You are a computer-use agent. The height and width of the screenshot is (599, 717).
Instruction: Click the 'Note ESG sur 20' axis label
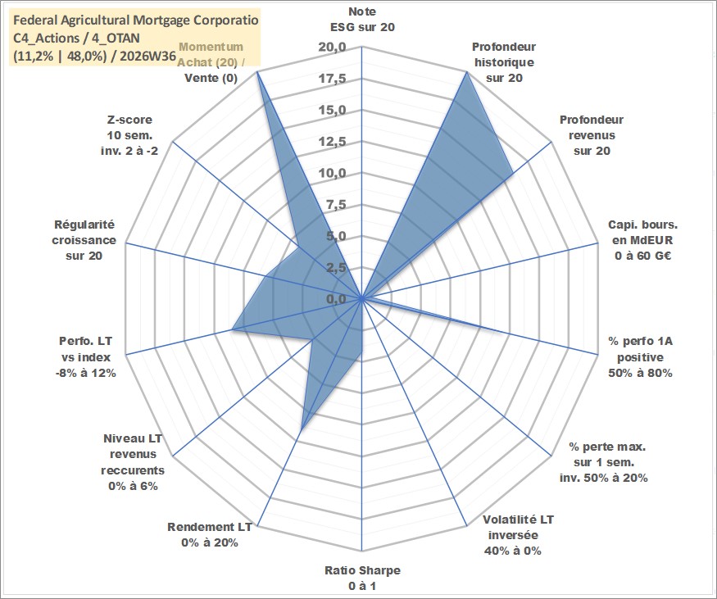click(x=362, y=19)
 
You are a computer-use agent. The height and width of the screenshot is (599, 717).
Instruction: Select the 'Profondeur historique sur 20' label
click(x=504, y=62)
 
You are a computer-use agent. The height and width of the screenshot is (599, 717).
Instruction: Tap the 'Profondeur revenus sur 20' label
click(x=592, y=135)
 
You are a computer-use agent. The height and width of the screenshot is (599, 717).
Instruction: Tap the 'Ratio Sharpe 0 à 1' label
click(x=362, y=578)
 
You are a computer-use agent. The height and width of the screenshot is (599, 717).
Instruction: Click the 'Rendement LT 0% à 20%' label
click(x=210, y=535)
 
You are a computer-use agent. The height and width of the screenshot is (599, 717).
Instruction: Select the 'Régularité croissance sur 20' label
click(x=84, y=240)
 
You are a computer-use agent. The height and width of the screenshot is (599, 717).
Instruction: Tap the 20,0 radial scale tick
click(x=332, y=48)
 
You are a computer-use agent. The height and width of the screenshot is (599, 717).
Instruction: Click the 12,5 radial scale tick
click(x=332, y=142)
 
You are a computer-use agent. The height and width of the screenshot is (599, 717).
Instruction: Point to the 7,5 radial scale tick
click(x=336, y=205)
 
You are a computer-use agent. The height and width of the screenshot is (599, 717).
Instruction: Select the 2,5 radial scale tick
click(x=336, y=268)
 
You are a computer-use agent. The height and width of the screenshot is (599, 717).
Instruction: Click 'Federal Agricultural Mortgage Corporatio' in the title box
click(x=136, y=20)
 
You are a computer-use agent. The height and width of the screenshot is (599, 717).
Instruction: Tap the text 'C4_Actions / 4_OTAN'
click(x=76, y=39)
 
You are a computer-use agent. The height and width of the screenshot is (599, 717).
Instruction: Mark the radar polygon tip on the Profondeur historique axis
click(x=467, y=71)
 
